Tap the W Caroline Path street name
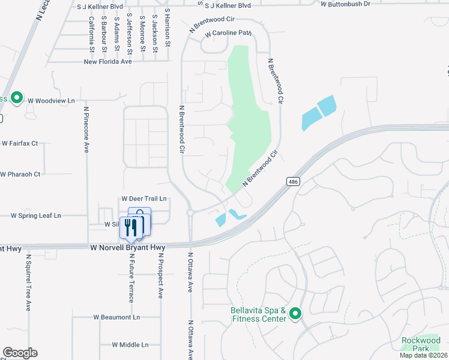[228, 34]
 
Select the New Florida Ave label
[107, 61]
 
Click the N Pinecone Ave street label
[86, 130]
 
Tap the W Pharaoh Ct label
[20, 175]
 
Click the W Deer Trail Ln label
[143, 198]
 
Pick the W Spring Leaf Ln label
[36, 215]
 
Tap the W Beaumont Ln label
[116, 317]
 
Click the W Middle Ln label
[130, 345]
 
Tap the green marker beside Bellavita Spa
[295, 314]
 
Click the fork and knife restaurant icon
[132, 227]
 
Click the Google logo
[20, 353]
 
